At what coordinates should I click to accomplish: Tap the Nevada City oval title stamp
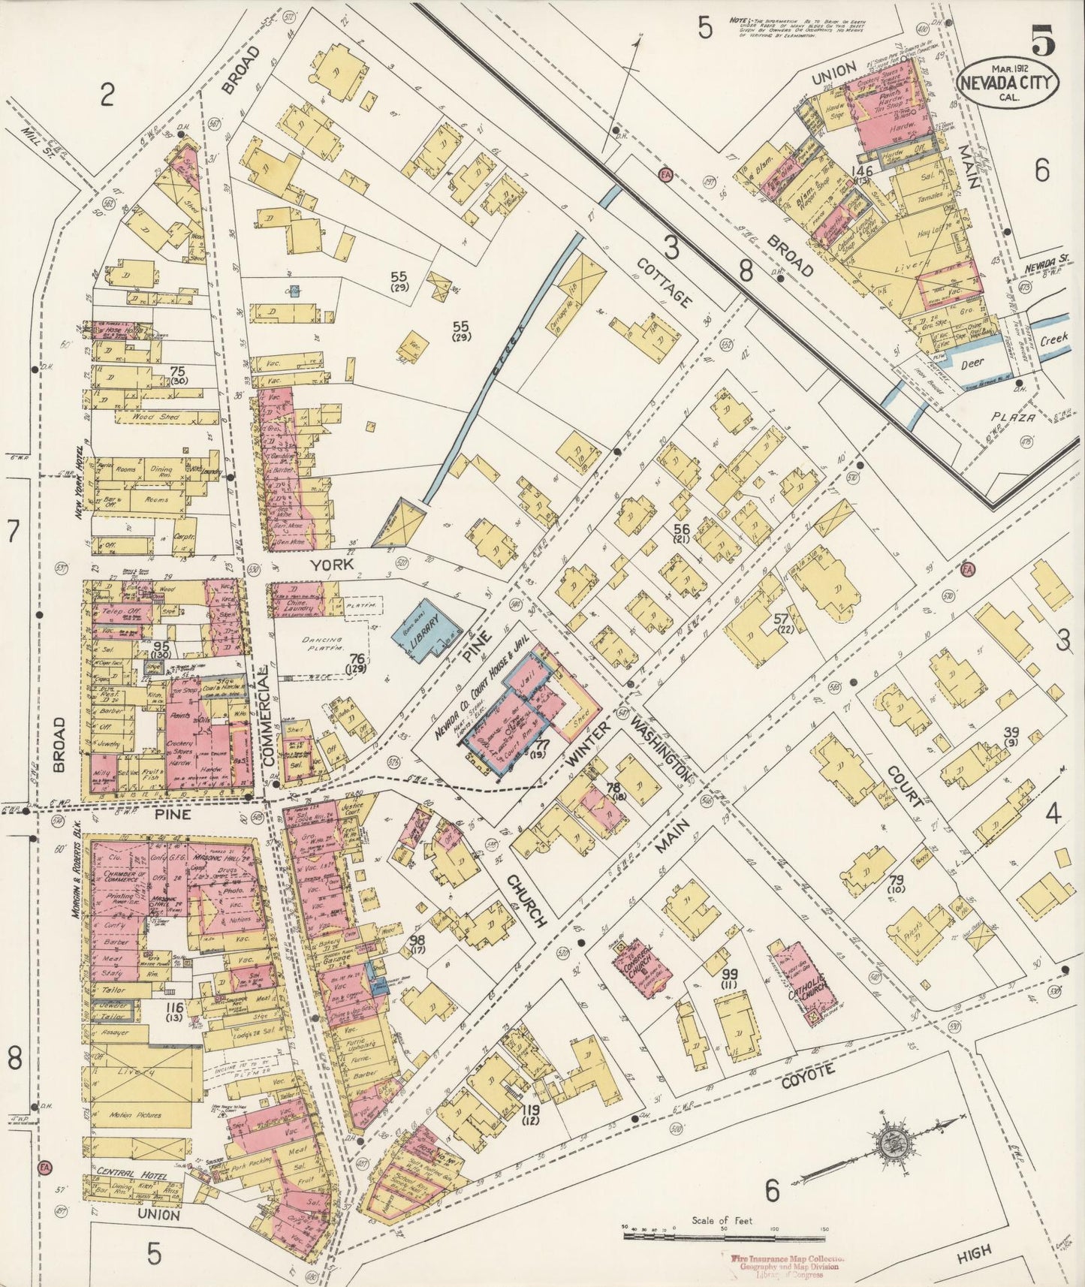click(1008, 83)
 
